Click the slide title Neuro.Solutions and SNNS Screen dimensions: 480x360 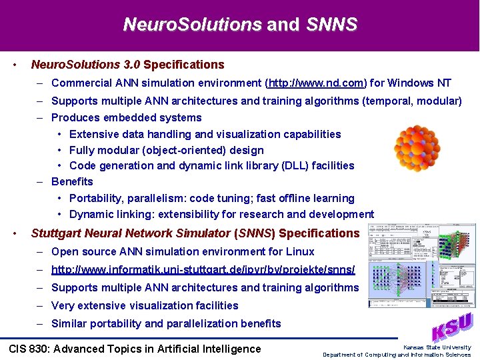coord(240,25)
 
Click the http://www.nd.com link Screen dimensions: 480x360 coord(316,83)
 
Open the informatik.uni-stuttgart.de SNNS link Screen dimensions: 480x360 coord(203,270)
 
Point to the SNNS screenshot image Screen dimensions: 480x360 coord(422,265)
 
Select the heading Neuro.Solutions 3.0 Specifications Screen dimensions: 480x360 coord(127,65)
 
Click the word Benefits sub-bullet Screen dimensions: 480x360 coord(72,181)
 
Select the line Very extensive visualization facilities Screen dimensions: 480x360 coord(145,306)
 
